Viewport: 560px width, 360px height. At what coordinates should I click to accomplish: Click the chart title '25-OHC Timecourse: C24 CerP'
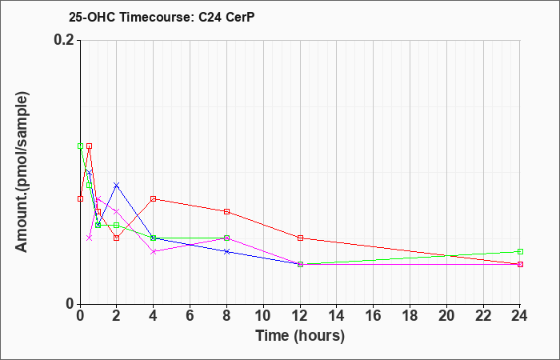pos(162,17)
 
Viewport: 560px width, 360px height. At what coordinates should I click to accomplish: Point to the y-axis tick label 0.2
pos(64,40)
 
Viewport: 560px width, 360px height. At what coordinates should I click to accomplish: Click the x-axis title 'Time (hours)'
pos(300,336)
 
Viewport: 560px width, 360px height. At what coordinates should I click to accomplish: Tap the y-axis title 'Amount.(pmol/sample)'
pos(22,172)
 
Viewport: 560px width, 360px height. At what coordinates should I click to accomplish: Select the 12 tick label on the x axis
pos(300,316)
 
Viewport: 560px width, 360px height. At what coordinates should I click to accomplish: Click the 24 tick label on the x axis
pos(520,316)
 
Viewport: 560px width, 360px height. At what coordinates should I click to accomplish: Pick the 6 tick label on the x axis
pos(190,316)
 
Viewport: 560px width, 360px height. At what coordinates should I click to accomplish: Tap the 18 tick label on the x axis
pos(410,316)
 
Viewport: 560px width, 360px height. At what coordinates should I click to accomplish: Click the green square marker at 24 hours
pos(520,251)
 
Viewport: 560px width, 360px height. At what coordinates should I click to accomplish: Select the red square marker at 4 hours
pos(154,198)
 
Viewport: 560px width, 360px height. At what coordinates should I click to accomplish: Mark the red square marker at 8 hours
pos(226,212)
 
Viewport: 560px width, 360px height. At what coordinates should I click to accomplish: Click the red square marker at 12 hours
pos(300,238)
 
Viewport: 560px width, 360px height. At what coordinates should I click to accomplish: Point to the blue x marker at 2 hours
pos(117,185)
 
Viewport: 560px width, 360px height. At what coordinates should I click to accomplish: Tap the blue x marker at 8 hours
pos(226,251)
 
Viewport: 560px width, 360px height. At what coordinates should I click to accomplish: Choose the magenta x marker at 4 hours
pos(154,251)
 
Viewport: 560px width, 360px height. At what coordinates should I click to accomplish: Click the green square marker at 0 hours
pos(80,146)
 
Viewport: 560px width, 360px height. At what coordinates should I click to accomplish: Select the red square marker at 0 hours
pos(80,198)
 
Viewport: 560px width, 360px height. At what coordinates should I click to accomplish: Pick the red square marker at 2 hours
pos(117,238)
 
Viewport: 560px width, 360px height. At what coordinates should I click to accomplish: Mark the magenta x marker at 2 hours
pos(117,212)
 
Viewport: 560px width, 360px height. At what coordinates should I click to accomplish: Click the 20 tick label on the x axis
pos(446,316)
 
